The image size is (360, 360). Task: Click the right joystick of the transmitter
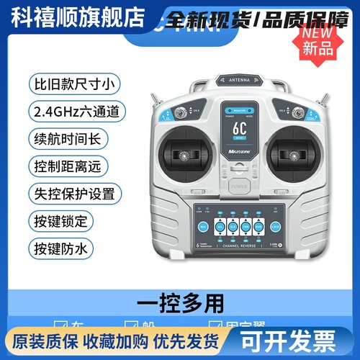[x=293, y=155]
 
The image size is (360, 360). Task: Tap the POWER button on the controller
[x=238, y=186]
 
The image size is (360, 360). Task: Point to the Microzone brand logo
[x=238, y=153]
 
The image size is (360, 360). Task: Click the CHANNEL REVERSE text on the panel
[x=238, y=246]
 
